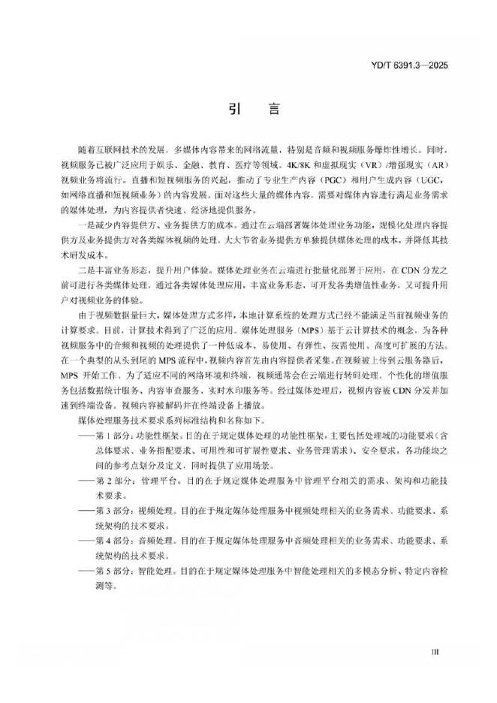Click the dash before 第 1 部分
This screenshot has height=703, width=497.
pos(86,434)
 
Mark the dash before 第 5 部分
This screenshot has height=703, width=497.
pos(86,571)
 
